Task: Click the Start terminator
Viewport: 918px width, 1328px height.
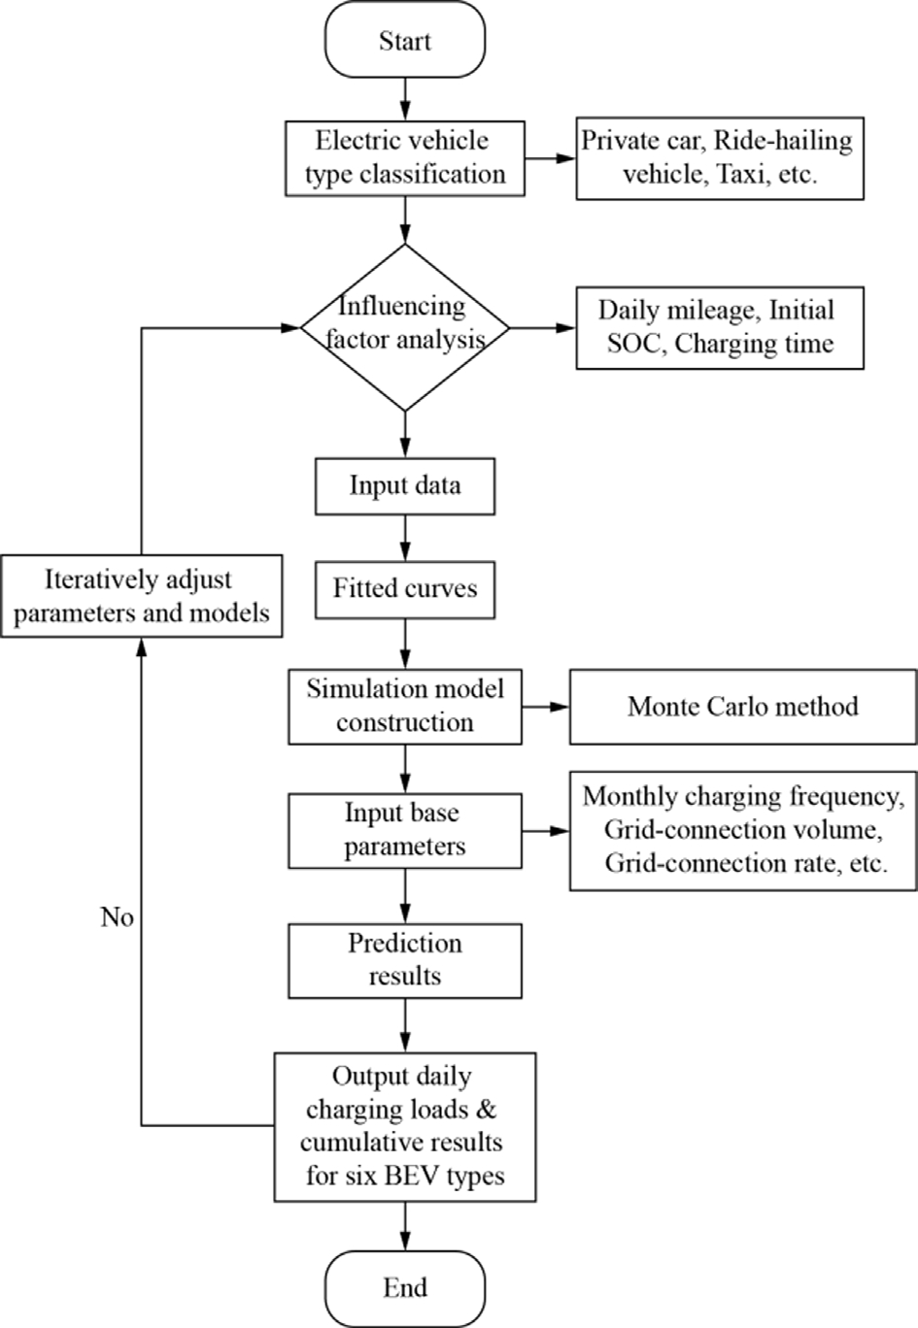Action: tap(405, 40)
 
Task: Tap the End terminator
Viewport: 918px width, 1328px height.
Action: tap(405, 1288)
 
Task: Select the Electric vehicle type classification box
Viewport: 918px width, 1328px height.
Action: tap(405, 158)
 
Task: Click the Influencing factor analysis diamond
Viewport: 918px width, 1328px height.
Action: tap(405, 327)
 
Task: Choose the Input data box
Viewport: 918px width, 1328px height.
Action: tap(405, 485)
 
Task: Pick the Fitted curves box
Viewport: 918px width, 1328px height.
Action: tap(405, 590)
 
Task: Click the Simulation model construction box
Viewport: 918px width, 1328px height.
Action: tap(405, 707)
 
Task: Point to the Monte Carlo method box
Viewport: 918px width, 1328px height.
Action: tap(743, 707)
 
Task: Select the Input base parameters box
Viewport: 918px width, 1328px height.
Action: tap(405, 831)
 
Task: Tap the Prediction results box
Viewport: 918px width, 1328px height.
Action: tap(405, 961)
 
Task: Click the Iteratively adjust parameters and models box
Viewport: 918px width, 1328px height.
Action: tap(141, 596)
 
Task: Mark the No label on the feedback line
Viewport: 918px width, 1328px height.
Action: tap(117, 917)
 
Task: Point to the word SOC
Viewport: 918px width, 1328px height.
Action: tap(633, 344)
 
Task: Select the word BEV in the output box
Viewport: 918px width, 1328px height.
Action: tap(413, 1175)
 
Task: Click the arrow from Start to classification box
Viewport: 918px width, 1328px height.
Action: tap(405, 99)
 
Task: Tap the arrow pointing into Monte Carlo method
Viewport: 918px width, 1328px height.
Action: tap(546, 707)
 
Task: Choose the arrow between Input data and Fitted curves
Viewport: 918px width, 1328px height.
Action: tap(405, 539)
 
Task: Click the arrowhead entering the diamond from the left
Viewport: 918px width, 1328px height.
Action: tap(290, 327)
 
